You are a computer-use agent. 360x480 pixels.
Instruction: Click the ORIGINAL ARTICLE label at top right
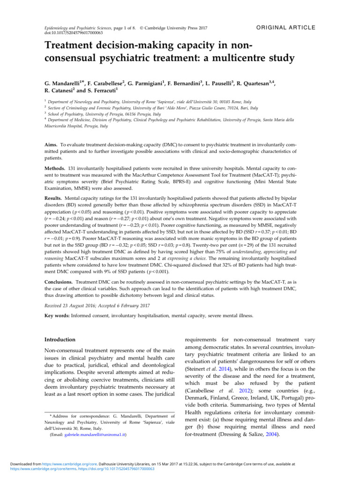point(284,28)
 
